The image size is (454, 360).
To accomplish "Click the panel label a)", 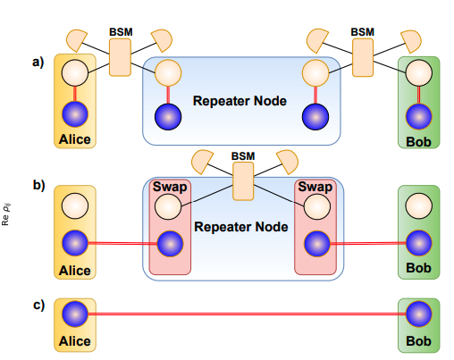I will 38,63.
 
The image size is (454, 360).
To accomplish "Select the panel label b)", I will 38,186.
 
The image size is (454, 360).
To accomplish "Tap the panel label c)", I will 38,305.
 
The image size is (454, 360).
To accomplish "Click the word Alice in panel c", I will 74,339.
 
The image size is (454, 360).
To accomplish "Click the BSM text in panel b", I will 243,155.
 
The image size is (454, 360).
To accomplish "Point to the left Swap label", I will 169,188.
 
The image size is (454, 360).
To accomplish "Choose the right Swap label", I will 314,188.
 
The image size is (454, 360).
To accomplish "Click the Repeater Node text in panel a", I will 240,101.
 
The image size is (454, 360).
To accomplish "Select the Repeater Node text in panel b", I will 240,227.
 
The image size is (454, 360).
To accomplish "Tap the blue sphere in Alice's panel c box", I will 74,314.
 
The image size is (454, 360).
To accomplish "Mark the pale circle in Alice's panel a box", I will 74,75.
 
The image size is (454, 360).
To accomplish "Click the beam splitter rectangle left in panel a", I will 120,57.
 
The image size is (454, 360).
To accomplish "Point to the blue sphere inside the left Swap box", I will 169,243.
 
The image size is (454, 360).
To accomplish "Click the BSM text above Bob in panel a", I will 362,31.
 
